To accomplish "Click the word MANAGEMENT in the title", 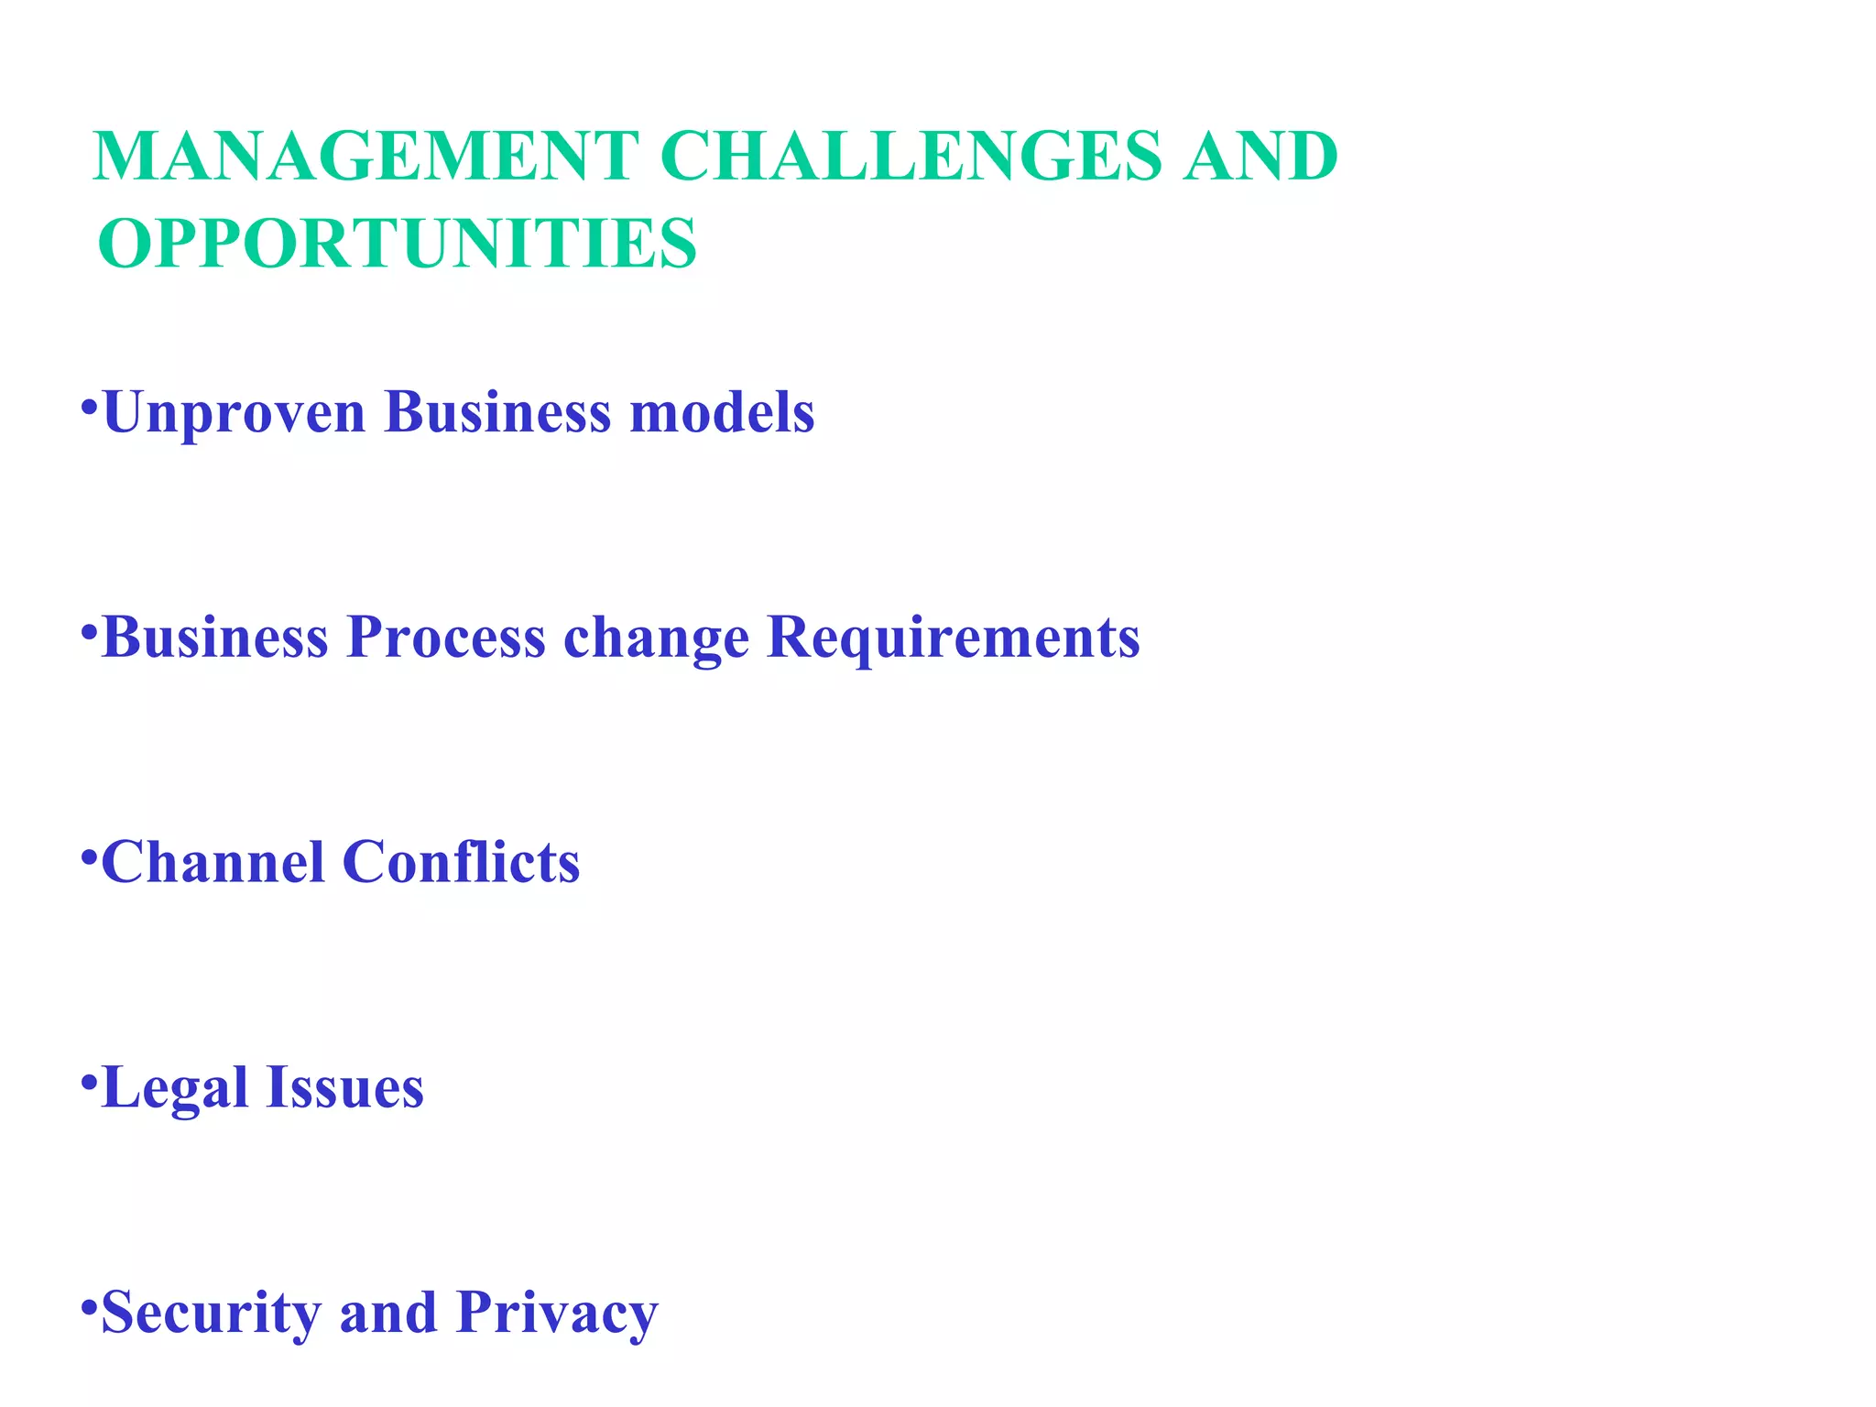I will pos(365,156).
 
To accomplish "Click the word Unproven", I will pos(234,412).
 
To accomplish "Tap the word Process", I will pos(446,637).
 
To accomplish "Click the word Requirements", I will pos(953,638).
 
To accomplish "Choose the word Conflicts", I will pos(461,862).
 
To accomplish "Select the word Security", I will pos(211,1314).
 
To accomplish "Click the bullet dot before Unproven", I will pos(89,405).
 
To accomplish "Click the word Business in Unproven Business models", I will pos(497,412).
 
